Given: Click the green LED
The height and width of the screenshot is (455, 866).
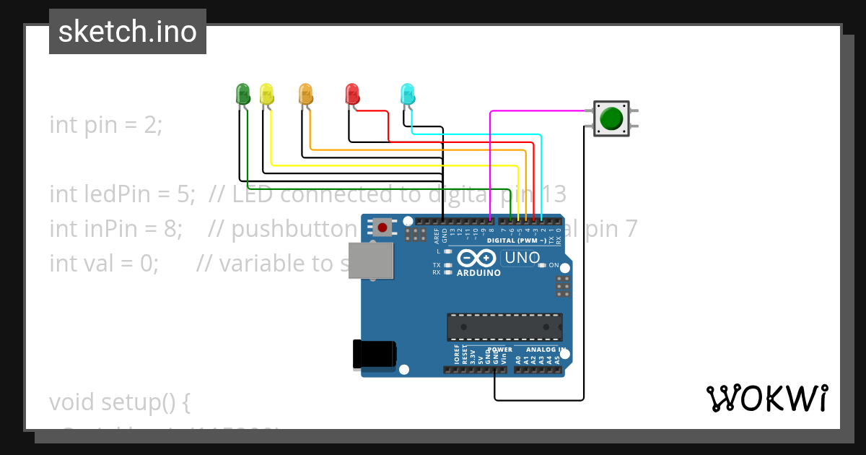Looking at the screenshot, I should pos(242,93).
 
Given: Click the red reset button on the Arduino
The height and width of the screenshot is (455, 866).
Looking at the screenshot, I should pos(382,228).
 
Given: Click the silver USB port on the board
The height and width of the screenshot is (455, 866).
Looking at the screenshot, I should pos(371,260).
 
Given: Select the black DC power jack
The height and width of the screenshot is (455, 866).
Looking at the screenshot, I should pos(374,353).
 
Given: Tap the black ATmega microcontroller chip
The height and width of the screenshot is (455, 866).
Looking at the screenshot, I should pos(504,326).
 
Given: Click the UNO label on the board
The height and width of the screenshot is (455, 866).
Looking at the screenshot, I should pos(522,258).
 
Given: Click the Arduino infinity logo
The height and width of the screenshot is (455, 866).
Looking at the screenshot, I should pos(476,258).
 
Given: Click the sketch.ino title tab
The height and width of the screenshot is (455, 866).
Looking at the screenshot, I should pos(128,32).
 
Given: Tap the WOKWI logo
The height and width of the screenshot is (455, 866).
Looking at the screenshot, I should pos(766,398).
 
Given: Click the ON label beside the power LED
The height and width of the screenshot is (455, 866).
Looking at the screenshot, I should pos(554,265).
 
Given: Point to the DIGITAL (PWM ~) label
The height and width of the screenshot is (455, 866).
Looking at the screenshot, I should pos(516,240).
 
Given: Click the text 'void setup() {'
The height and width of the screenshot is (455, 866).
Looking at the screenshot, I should pos(119,402).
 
